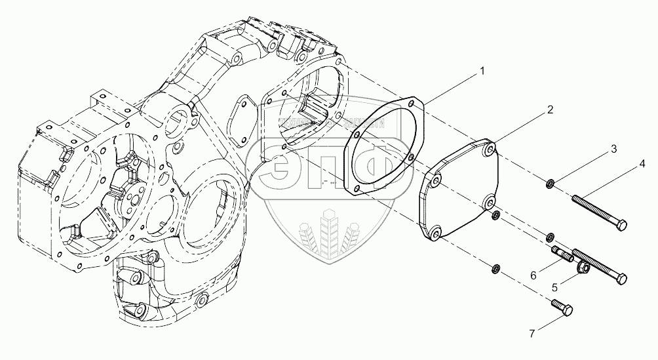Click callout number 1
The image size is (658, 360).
482,70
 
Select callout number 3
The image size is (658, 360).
613,150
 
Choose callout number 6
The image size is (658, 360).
533,275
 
